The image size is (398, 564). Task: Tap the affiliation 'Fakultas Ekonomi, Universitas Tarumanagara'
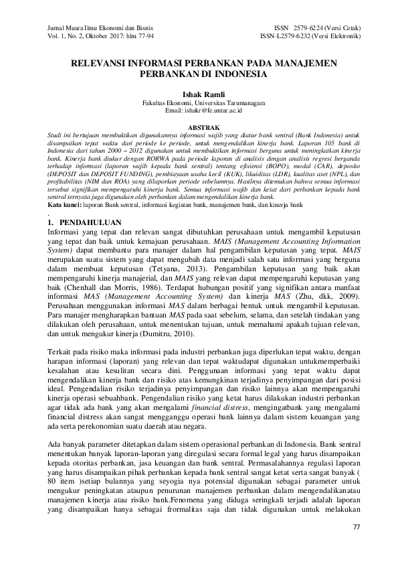pyautogui.click(x=198, y=104)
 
